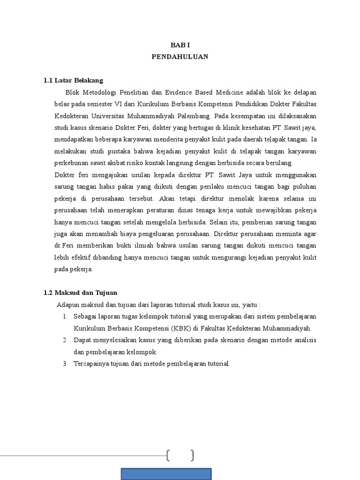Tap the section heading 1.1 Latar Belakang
[x=73, y=80]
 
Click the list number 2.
[x=64, y=340]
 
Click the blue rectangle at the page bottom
[x=166, y=473]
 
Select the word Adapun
[x=67, y=304]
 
